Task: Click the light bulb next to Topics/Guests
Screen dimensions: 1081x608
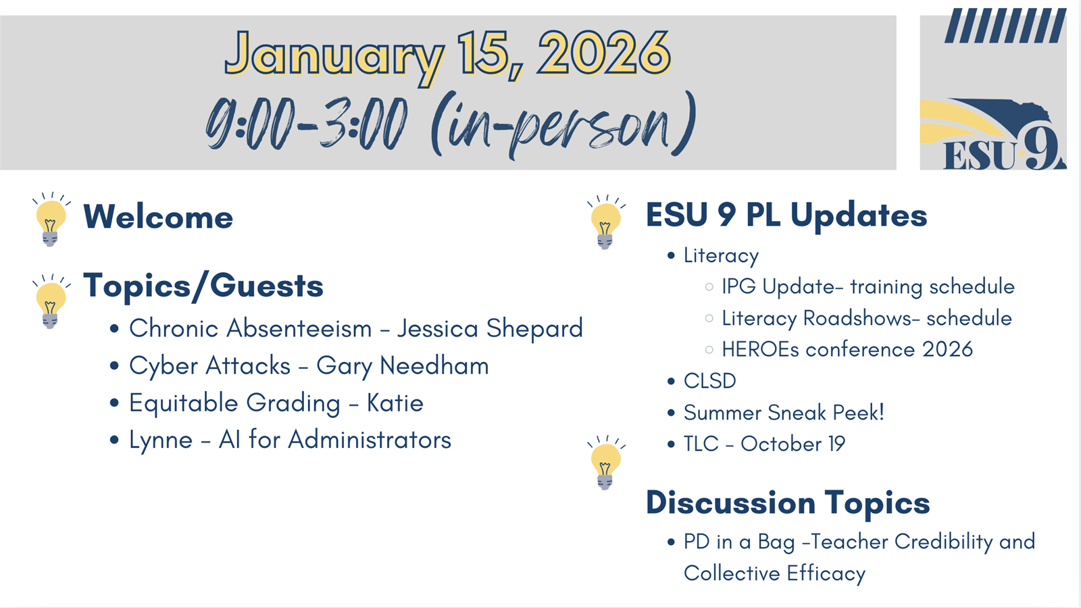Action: click(x=51, y=301)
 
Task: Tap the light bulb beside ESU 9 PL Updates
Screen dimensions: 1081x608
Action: click(x=606, y=222)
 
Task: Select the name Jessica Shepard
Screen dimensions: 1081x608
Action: click(x=490, y=328)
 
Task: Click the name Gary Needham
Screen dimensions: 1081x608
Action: click(x=403, y=365)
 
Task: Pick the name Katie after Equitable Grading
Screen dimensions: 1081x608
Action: click(x=395, y=403)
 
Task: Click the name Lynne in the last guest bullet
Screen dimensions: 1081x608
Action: click(x=161, y=440)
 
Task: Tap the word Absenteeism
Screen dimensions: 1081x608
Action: click(x=299, y=328)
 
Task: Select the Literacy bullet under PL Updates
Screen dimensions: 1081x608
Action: click(x=721, y=256)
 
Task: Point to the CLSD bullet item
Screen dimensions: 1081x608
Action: click(x=710, y=381)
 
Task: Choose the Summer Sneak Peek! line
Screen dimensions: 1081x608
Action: click(x=784, y=413)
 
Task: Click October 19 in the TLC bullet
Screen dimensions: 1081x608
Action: click(x=793, y=444)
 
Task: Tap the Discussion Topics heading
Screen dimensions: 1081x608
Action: click(x=788, y=503)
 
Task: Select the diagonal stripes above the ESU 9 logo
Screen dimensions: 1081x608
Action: click(x=1005, y=26)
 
